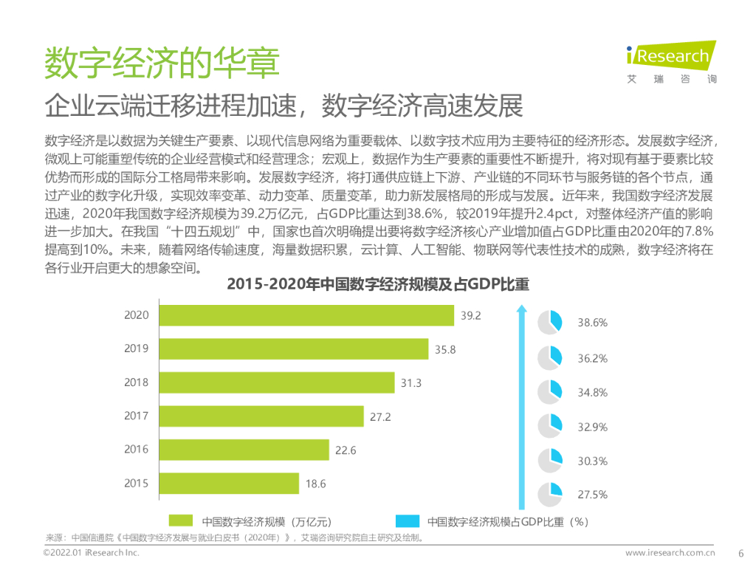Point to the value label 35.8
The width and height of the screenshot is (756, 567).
[x=445, y=349]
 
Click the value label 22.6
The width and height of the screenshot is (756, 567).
[x=346, y=450]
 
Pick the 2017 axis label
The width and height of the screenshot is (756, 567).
[x=136, y=416]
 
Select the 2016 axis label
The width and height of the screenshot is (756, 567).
[x=136, y=450]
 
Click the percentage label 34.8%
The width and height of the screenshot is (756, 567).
[x=592, y=393]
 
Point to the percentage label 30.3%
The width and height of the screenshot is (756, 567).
[x=592, y=461]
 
